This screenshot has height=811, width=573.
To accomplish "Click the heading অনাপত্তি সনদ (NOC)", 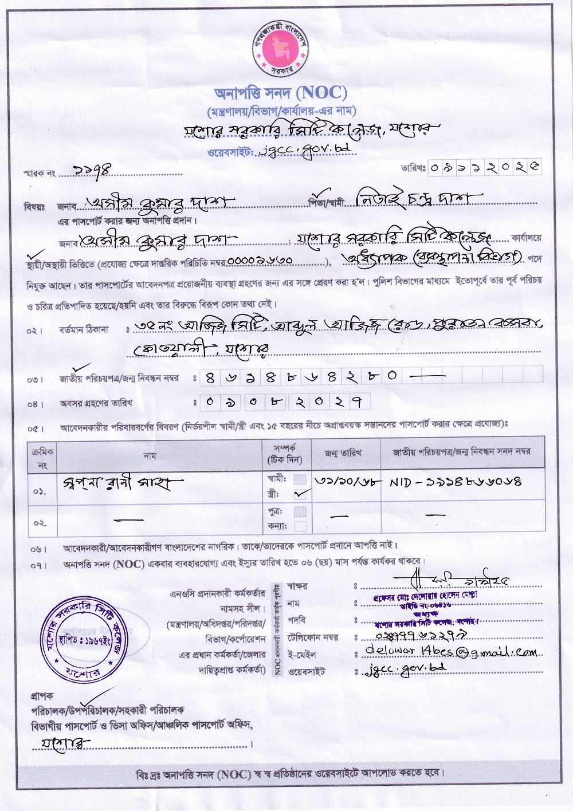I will [281, 92].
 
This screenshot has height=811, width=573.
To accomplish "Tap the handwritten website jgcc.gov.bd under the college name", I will [305, 149].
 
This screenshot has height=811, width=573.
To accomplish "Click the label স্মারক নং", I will [39, 172].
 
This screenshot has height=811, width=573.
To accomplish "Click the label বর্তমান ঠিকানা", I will [83, 330].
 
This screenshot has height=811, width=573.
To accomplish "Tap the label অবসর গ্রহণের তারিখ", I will [96, 403].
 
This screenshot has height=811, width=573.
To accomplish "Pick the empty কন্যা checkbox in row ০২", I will [300, 526].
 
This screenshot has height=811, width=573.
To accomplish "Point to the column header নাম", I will [150, 456].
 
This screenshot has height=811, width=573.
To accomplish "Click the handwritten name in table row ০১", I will [123, 484].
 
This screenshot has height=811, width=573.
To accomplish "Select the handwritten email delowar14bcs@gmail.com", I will [451, 652].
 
